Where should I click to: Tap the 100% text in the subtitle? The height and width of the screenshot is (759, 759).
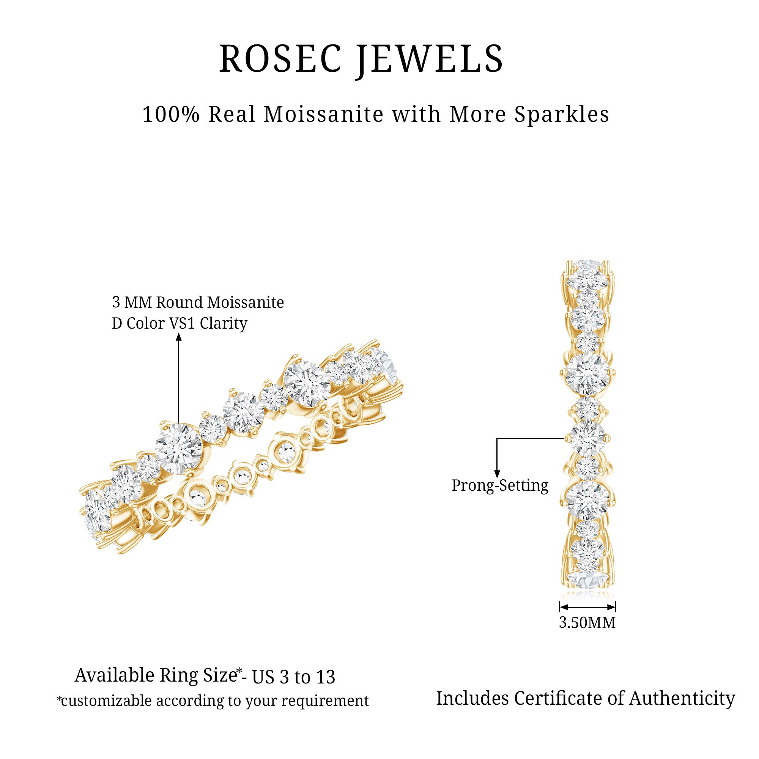(x=171, y=115)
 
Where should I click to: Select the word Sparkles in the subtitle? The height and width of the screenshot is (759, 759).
(x=562, y=115)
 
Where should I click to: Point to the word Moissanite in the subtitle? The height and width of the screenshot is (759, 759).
(x=324, y=115)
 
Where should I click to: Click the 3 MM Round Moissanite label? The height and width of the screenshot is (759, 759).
(x=198, y=302)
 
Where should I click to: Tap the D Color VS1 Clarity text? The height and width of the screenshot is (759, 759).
(x=180, y=324)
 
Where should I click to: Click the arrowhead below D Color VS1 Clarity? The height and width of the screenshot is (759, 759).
(x=179, y=337)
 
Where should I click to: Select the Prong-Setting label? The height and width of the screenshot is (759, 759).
(x=500, y=486)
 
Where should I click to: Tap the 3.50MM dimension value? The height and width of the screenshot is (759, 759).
(x=587, y=623)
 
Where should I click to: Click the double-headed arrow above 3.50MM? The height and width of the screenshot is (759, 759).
(x=587, y=607)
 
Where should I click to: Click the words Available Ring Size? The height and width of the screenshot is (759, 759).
(x=156, y=676)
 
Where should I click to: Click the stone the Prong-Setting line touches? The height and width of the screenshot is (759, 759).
(x=587, y=439)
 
